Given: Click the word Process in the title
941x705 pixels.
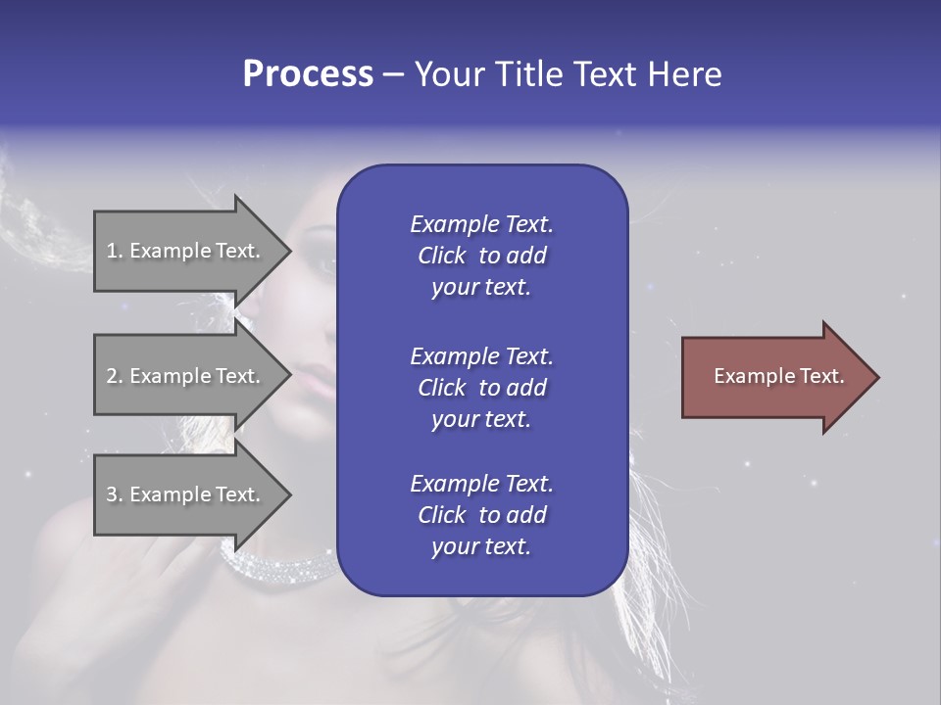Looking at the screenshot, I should point(308,74).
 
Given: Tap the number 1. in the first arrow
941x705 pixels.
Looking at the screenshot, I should point(115,251).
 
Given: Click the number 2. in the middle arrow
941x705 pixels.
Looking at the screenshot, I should point(115,376).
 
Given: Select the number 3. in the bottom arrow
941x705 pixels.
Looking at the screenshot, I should point(115,494).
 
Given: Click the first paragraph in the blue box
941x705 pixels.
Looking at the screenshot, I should point(481,256).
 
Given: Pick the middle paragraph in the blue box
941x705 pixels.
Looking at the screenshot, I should point(481,388).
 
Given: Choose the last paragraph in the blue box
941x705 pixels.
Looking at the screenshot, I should point(481,515).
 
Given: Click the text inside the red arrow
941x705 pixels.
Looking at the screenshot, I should point(778,376).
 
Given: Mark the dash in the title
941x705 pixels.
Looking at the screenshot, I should point(393,76).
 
